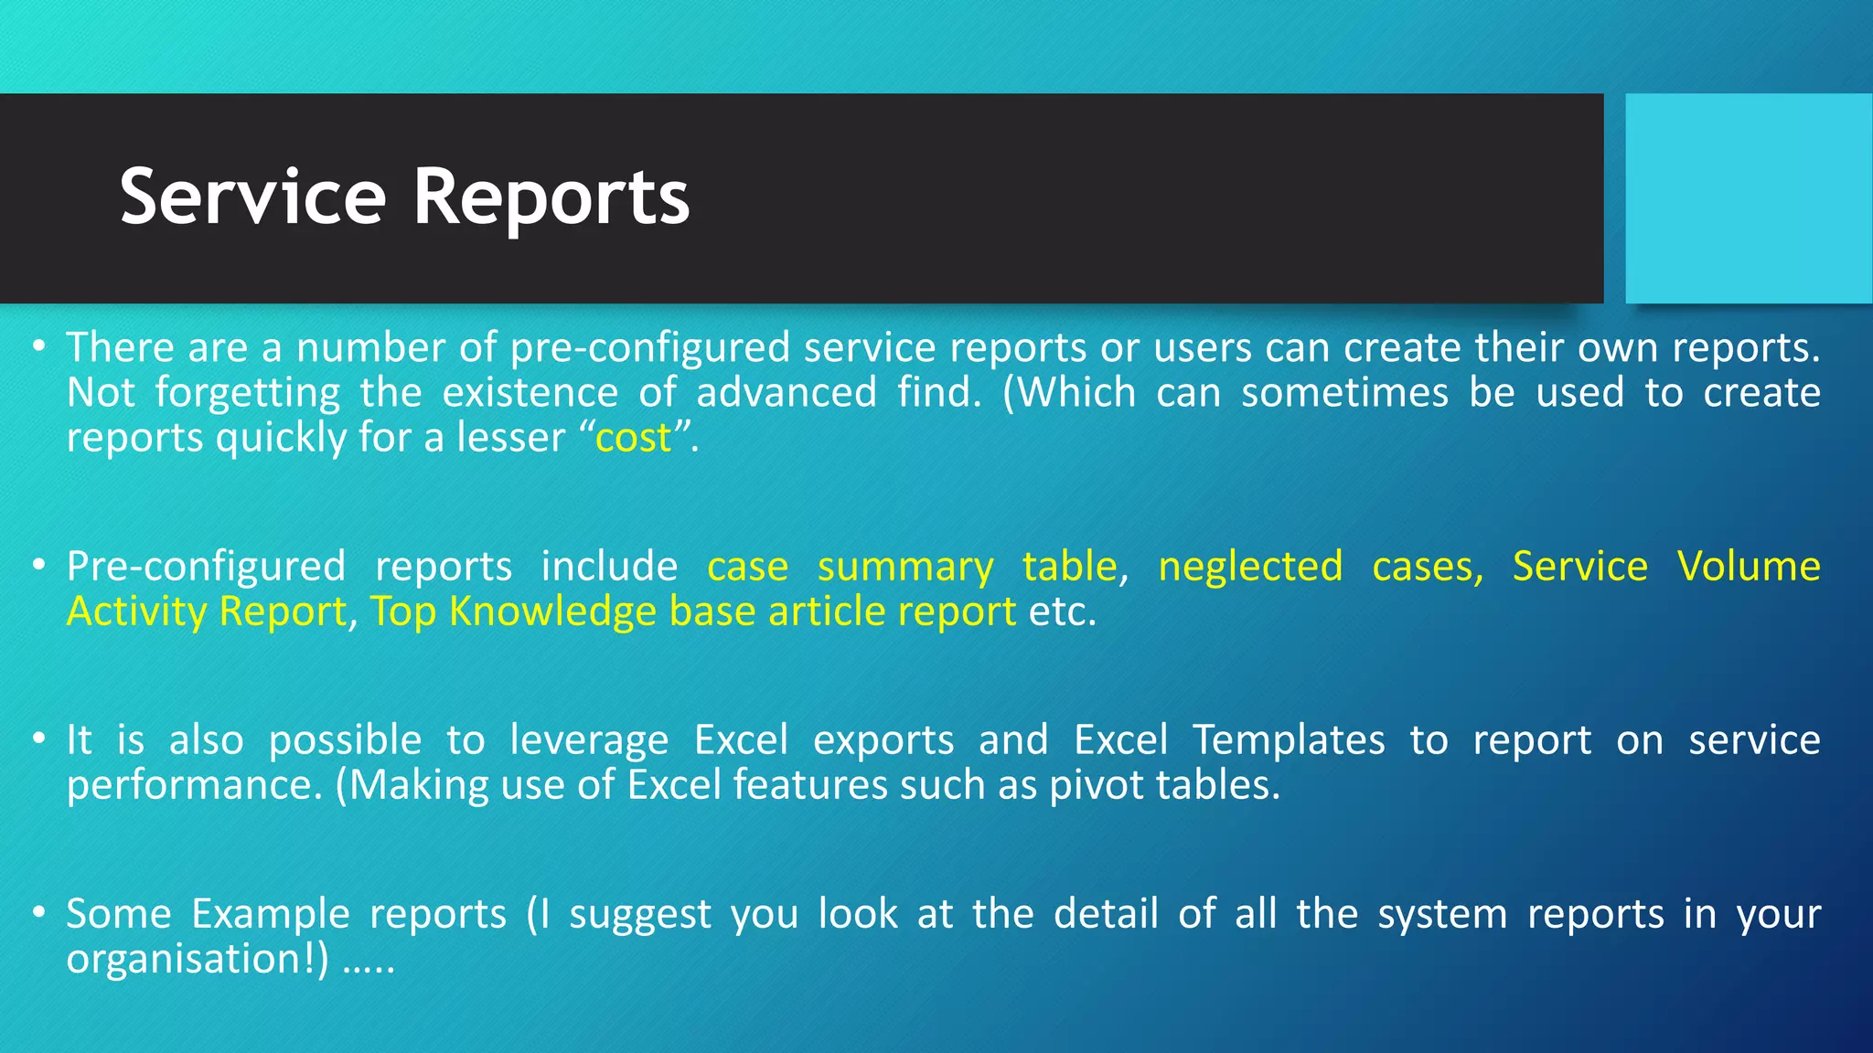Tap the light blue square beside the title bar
point(1749,198)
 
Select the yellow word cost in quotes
point(633,438)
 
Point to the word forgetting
point(247,393)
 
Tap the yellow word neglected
point(1250,567)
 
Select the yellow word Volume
point(1748,567)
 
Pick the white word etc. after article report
point(1062,612)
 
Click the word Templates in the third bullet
point(1289,740)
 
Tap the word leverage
point(589,740)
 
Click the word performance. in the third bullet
point(195,785)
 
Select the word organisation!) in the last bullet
point(197,959)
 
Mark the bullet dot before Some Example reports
point(38,912)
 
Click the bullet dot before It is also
point(38,739)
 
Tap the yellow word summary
point(904,567)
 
